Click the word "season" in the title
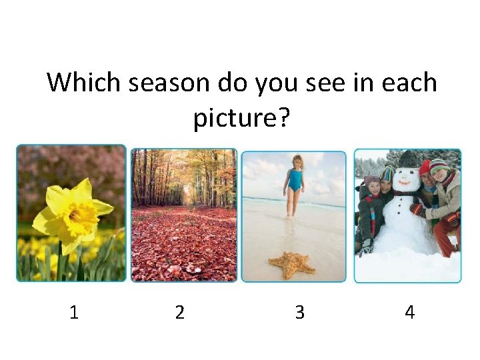click(x=169, y=83)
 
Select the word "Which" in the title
click(x=83, y=83)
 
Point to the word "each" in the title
click(x=409, y=83)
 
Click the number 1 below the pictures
click(x=73, y=312)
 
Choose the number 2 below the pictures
click(x=179, y=312)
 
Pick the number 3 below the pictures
click(x=299, y=312)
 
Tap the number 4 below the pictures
click(x=409, y=312)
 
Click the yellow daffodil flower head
click(x=73, y=210)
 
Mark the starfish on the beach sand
click(x=290, y=264)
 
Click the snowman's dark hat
click(x=407, y=159)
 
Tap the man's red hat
click(x=425, y=167)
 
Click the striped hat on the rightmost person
click(x=439, y=165)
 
